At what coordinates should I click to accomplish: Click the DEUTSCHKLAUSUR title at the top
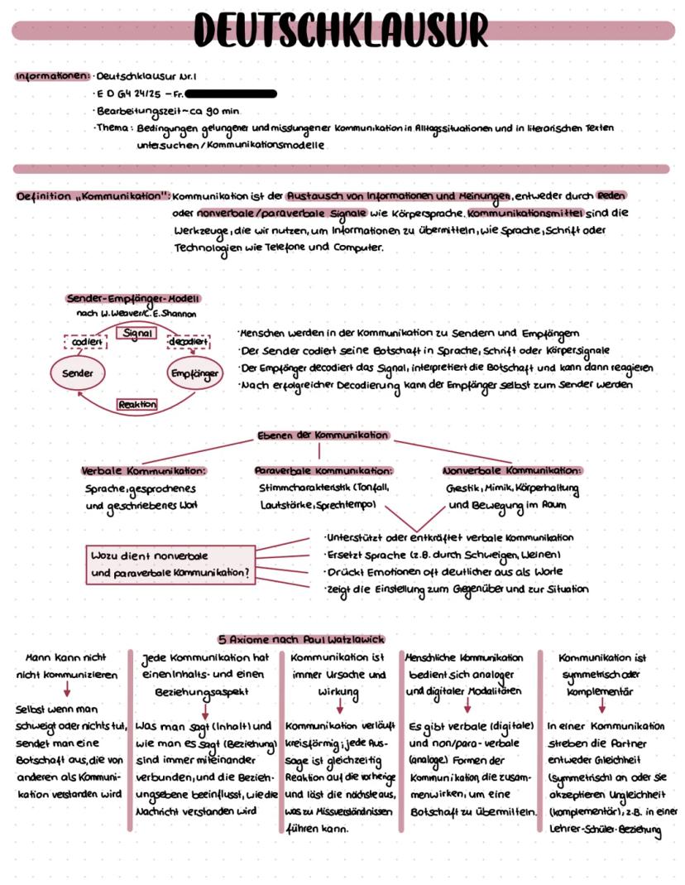click(x=342, y=31)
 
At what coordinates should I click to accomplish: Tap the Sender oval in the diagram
click(x=78, y=373)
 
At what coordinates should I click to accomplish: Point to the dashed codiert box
click(x=87, y=342)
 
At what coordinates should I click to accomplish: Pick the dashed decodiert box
click(x=189, y=342)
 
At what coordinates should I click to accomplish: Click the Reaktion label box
click(x=137, y=405)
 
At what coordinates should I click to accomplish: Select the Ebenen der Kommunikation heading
click(x=323, y=435)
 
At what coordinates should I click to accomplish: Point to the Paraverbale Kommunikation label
click(x=323, y=470)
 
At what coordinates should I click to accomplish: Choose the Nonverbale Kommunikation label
click(x=512, y=470)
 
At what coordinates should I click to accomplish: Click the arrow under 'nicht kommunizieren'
click(x=66, y=690)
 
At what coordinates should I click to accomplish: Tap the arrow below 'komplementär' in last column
click(x=601, y=705)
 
